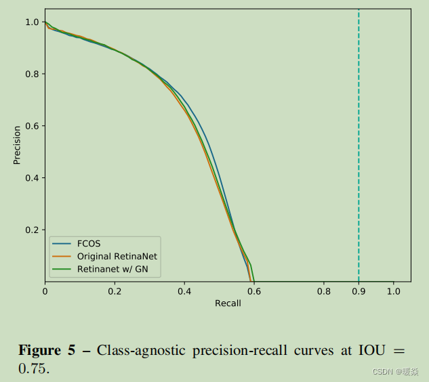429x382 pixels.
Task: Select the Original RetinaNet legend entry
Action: (117, 257)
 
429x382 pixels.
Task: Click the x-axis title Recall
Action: (228, 303)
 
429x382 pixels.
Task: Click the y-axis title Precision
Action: (17, 145)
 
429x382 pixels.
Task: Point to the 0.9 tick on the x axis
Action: (359, 292)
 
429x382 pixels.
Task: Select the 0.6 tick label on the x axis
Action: (253, 292)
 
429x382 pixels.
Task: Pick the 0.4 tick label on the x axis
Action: (184, 292)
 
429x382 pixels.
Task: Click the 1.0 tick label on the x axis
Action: (393, 292)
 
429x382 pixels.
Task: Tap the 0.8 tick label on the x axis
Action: (323, 292)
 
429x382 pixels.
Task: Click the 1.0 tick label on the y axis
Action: (32, 22)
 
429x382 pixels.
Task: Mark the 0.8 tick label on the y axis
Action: (32, 74)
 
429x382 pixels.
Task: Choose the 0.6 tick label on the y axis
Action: (32, 126)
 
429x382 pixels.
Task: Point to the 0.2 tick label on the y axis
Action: (32, 230)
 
